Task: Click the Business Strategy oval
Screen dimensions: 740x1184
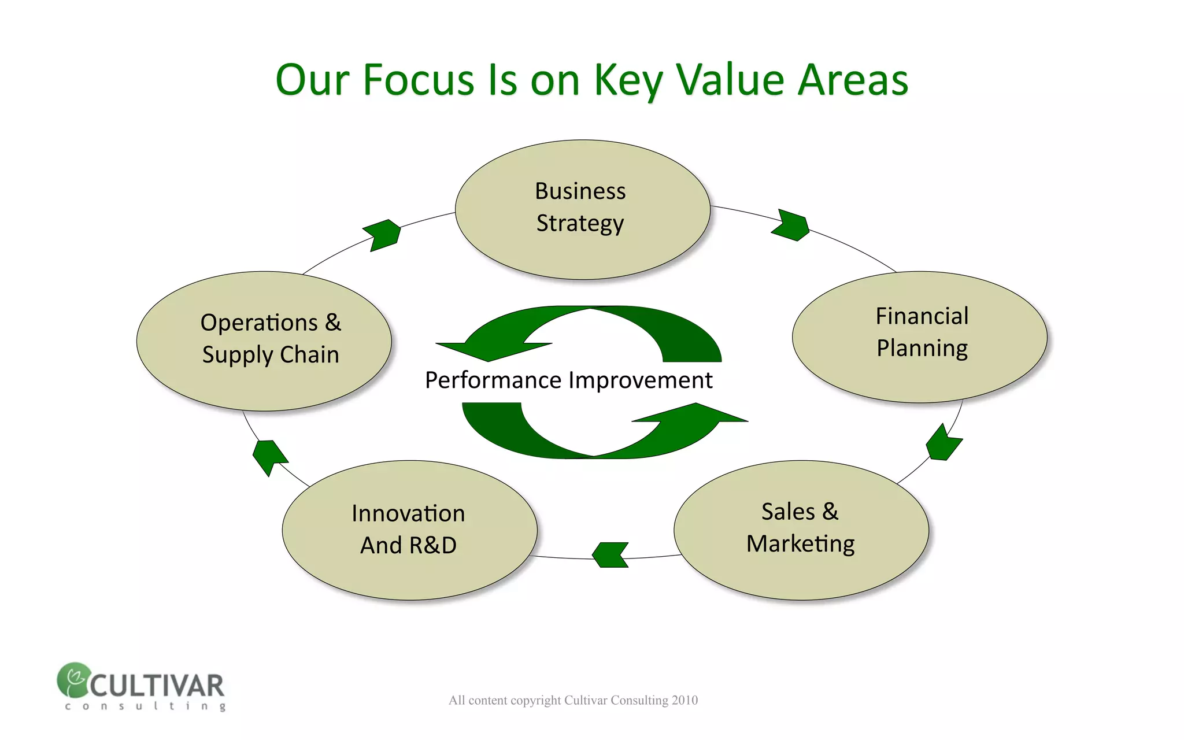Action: point(582,209)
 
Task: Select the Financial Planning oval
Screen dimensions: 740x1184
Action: point(919,336)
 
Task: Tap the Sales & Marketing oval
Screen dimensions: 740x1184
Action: point(801,530)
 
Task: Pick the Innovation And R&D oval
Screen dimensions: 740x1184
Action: point(409,530)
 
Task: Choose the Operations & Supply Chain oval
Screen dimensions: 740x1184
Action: point(264,341)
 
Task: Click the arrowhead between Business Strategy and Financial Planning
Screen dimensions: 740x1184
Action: point(791,225)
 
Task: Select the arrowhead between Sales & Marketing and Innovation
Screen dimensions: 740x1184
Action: point(610,555)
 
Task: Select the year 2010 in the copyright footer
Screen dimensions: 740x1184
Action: point(684,700)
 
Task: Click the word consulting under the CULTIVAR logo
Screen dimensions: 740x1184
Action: point(145,706)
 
